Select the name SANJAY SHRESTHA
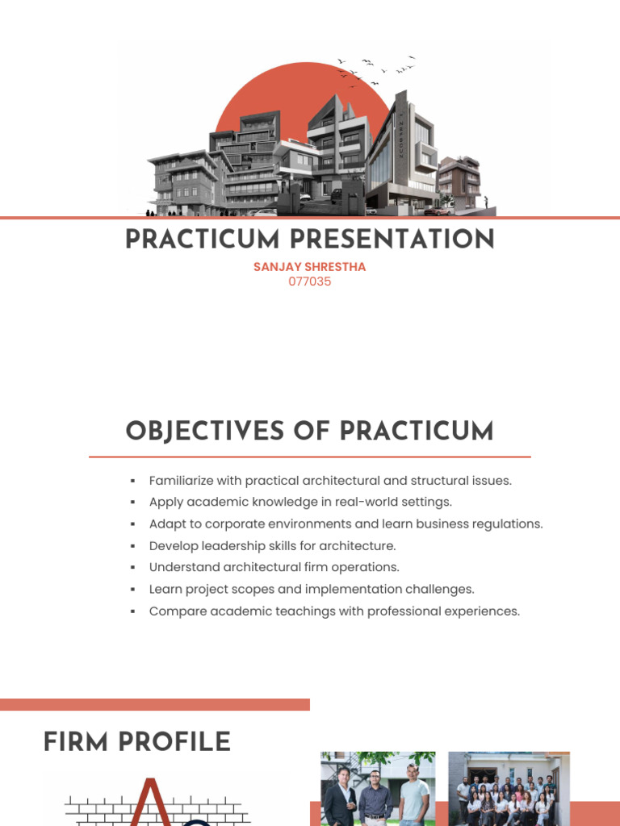point(309,267)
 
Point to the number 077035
point(309,282)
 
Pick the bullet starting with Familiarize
point(330,481)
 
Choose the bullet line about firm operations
point(274,568)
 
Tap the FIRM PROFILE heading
point(137,742)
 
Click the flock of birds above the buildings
point(376,70)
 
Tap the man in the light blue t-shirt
point(414,799)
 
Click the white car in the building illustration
point(264,212)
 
